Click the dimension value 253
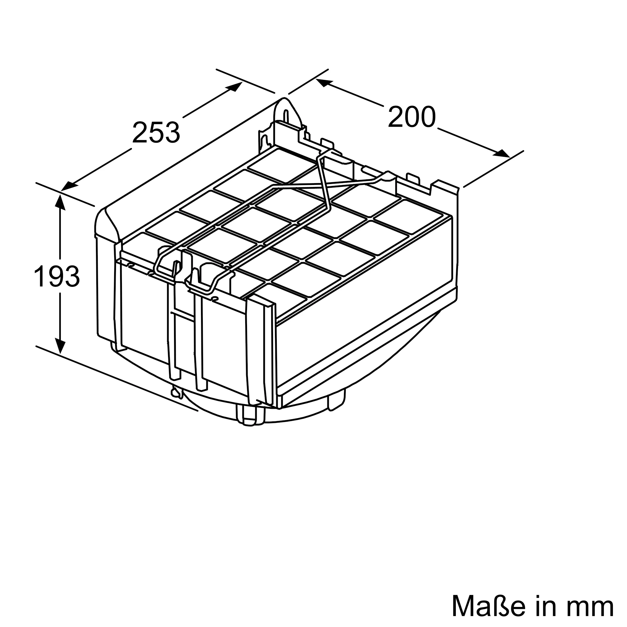tap(156, 132)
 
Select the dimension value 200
tap(412, 117)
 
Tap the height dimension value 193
tap(57, 277)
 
